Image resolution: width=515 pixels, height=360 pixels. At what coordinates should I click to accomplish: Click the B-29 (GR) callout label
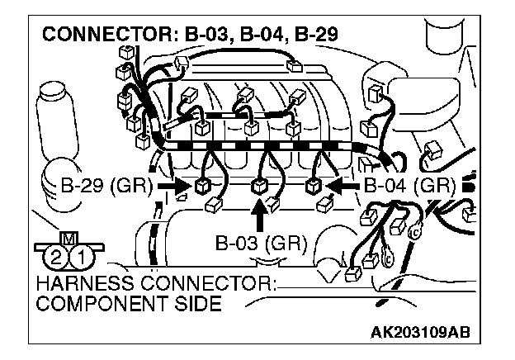point(106,184)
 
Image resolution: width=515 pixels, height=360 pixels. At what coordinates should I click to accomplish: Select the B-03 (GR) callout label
point(260,244)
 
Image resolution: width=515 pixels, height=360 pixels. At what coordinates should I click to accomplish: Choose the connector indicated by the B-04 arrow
point(314,185)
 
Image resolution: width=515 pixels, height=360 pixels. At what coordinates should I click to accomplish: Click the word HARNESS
point(76,286)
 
